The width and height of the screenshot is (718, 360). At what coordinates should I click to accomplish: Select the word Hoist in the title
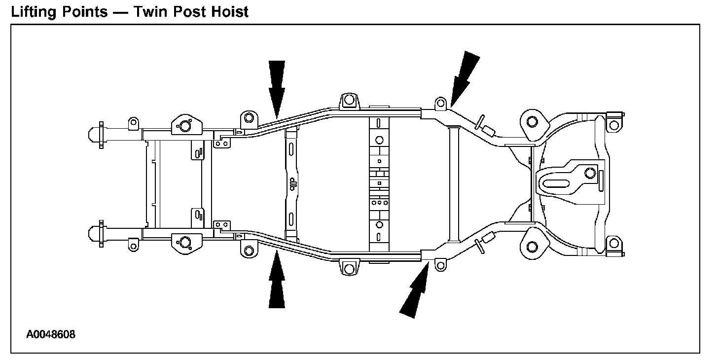point(230,11)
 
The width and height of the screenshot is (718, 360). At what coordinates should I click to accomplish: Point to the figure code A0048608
point(51,335)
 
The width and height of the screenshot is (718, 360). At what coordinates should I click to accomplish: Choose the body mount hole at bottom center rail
point(349,269)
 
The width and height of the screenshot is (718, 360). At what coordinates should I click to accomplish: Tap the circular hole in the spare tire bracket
point(588,173)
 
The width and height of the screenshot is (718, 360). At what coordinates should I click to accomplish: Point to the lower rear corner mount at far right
point(614,243)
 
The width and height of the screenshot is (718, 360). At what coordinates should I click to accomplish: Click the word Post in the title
point(191,11)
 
